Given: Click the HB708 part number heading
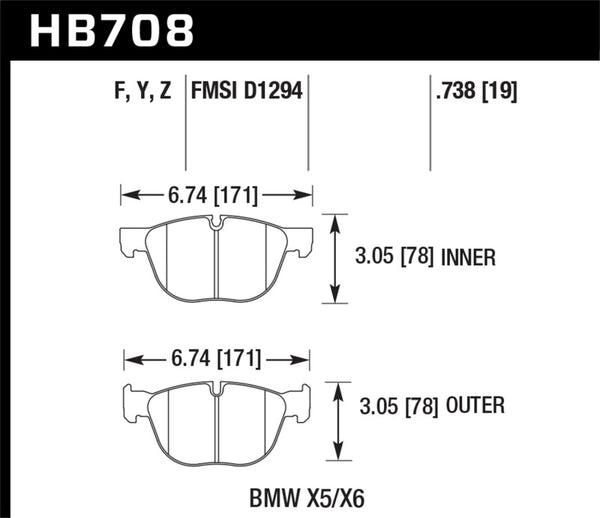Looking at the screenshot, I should coord(110,30).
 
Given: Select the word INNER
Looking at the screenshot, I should coord(469,258).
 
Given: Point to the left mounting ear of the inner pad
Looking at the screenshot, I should coord(128,242).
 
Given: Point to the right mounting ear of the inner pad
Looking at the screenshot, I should coord(306,242).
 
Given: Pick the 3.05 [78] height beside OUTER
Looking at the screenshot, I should coord(399,406).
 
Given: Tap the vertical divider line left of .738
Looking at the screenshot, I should coord(429,125).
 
